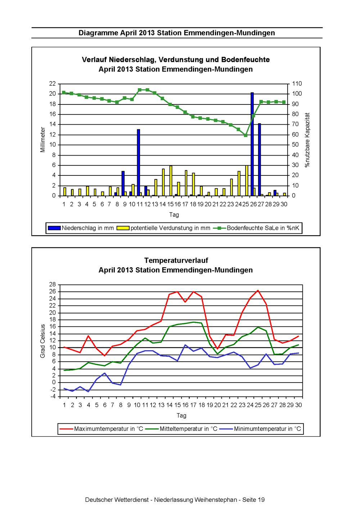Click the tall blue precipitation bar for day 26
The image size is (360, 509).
click(252, 144)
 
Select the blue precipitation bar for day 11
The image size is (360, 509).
click(138, 162)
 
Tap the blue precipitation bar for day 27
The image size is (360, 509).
click(260, 160)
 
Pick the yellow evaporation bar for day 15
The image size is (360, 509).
click(171, 180)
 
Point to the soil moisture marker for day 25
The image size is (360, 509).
click(246, 135)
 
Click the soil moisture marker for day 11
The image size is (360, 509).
click(139, 90)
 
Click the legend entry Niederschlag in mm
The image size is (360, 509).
click(81, 228)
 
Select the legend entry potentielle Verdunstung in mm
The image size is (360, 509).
click(163, 228)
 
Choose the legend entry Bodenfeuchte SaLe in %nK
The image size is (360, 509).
click(256, 228)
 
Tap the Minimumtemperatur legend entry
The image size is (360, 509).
click(260, 429)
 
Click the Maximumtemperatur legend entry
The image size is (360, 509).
click(101, 429)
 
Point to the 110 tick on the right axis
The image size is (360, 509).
click(297, 84)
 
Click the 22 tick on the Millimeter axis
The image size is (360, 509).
click(53, 84)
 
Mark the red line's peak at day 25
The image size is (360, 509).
click(258, 290)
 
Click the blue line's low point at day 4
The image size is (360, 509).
click(88, 392)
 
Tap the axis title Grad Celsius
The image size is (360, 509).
click(43, 341)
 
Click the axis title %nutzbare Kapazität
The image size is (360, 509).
click(307, 140)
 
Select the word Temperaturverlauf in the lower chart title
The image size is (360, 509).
click(176, 260)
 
